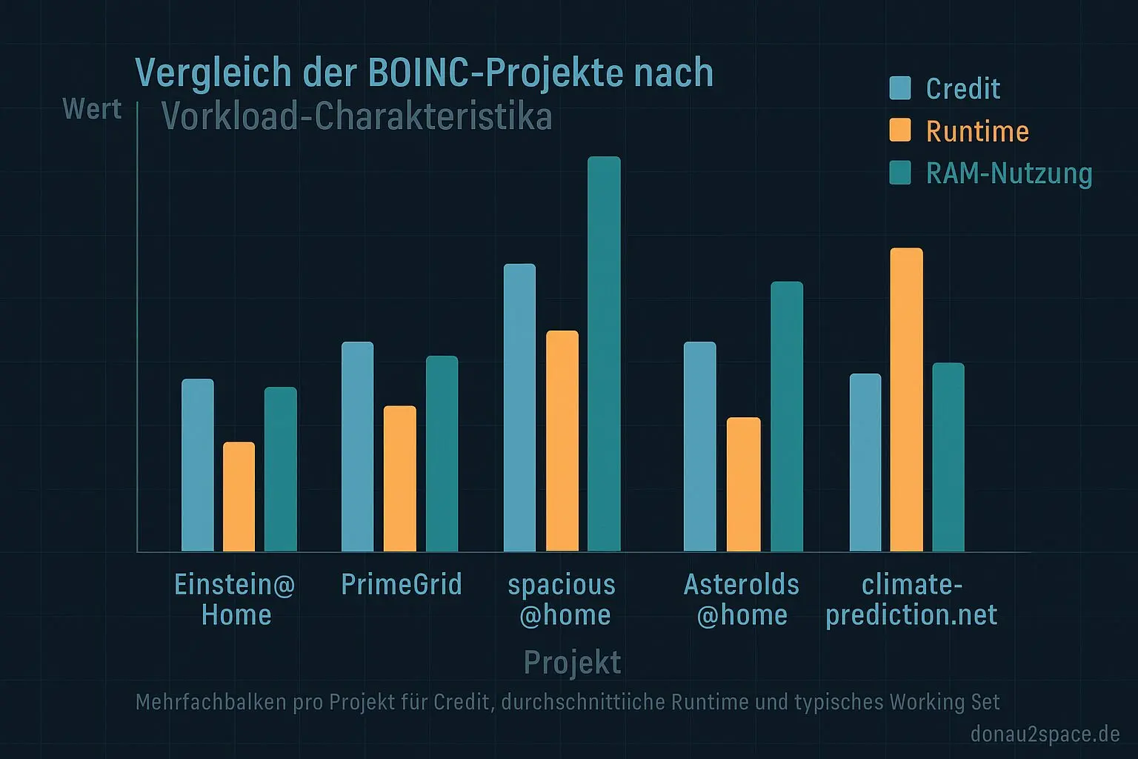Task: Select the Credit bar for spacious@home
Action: [519, 408]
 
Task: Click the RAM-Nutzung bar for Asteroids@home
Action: [786, 417]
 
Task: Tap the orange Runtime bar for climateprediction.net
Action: [906, 400]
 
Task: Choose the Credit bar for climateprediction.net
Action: [865, 463]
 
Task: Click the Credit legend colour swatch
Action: [900, 87]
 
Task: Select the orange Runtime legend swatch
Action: [900, 130]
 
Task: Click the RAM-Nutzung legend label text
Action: [1009, 173]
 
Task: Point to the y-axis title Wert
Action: [92, 109]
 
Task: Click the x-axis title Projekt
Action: [572, 662]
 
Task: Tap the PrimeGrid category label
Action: [401, 584]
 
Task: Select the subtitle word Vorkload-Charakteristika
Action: [356, 117]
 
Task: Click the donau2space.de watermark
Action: [1045, 734]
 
